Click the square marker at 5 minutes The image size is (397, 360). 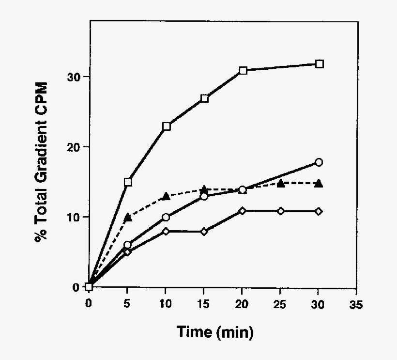tap(128, 182)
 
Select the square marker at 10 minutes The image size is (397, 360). tap(166, 126)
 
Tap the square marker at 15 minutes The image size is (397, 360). tap(204, 98)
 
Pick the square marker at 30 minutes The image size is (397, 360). tap(319, 64)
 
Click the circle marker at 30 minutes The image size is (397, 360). tap(319, 162)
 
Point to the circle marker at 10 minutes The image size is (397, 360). tap(166, 217)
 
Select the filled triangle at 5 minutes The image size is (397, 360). tap(128, 217)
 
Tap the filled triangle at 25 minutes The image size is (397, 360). tap(281, 183)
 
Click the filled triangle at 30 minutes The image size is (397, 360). tap(319, 183)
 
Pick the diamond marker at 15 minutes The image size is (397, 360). tap(204, 232)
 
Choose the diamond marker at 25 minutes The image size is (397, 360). tap(281, 211)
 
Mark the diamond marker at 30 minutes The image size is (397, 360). tap(319, 211)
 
